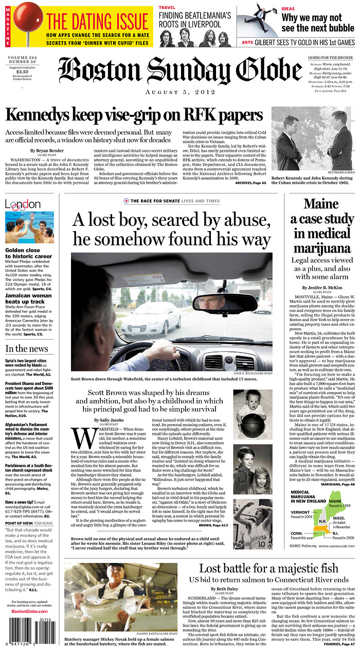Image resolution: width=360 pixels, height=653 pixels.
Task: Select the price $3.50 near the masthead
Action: tap(21, 72)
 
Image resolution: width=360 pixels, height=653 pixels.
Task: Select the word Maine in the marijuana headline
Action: tap(320, 204)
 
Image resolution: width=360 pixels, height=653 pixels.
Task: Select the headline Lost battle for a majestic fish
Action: tap(268, 568)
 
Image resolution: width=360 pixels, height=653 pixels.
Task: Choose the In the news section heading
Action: tap(27, 348)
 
